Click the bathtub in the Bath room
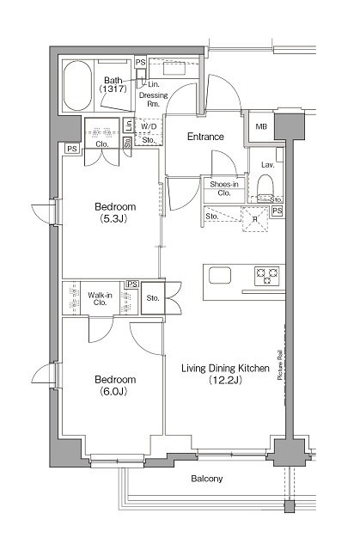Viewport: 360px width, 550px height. (78, 86)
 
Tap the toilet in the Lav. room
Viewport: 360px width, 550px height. (265, 188)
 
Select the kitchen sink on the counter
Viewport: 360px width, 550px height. (220, 275)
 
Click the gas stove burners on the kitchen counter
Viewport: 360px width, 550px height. (267, 276)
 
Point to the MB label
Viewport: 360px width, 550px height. (261, 126)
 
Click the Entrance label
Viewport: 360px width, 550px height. (205, 136)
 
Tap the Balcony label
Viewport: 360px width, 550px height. (207, 479)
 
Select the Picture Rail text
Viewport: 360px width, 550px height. (280, 364)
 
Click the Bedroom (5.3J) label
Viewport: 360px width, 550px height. (115, 212)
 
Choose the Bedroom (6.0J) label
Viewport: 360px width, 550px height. (115, 385)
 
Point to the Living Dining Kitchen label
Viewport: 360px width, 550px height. (225, 374)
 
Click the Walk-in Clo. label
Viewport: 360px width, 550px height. (100, 298)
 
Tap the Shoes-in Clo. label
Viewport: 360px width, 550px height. (224, 188)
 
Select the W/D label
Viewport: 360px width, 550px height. (149, 126)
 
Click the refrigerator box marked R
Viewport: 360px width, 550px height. (255, 219)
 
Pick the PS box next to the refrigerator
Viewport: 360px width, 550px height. (278, 211)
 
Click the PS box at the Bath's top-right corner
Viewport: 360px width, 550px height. (141, 63)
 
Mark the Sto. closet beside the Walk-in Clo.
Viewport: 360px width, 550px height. (153, 298)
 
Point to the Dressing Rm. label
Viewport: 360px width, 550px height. (154, 100)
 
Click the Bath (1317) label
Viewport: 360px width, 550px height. (113, 84)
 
